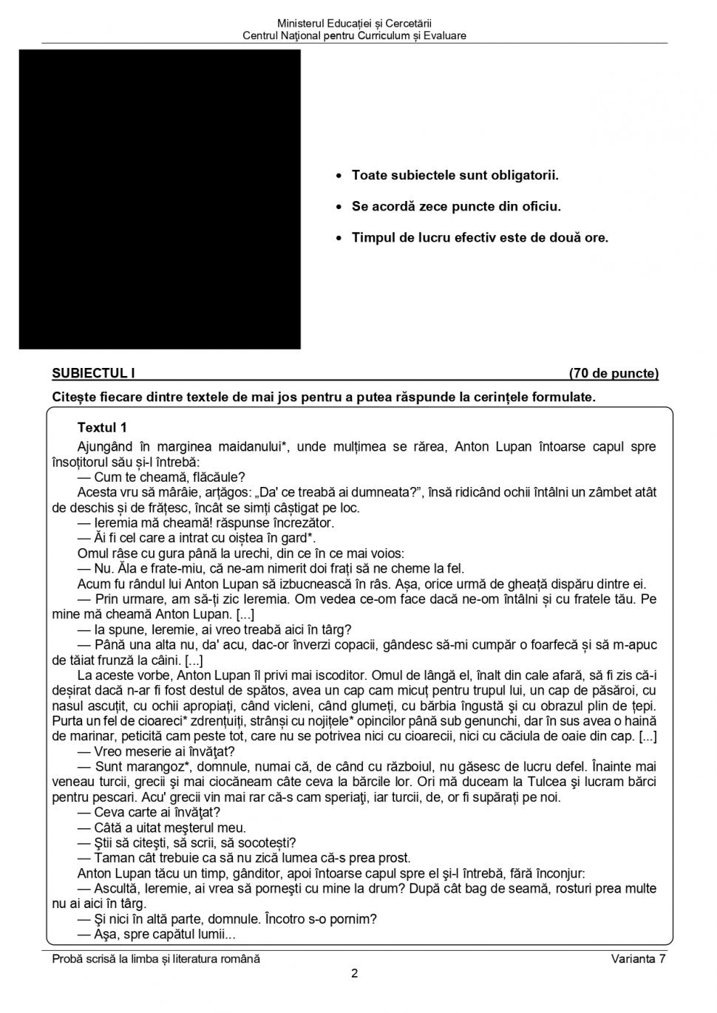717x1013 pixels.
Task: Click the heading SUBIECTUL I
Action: [x=93, y=374]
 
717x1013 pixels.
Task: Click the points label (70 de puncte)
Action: [x=614, y=374]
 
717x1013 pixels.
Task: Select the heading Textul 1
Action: [x=102, y=428]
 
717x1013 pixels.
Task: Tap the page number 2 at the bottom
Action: [x=355, y=974]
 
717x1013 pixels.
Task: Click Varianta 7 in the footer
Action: [x=638, y=959]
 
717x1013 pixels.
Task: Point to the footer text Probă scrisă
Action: [x=156, y=959]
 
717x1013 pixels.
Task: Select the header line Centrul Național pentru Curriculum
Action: [x=355, y=35]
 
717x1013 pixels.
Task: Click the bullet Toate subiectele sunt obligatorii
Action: [x=455, y=176]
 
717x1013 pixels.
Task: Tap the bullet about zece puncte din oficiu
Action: [x=456, y=207]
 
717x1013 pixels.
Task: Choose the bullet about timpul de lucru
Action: [x=480, y=238]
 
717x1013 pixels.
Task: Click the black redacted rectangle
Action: [x=160, y=199]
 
